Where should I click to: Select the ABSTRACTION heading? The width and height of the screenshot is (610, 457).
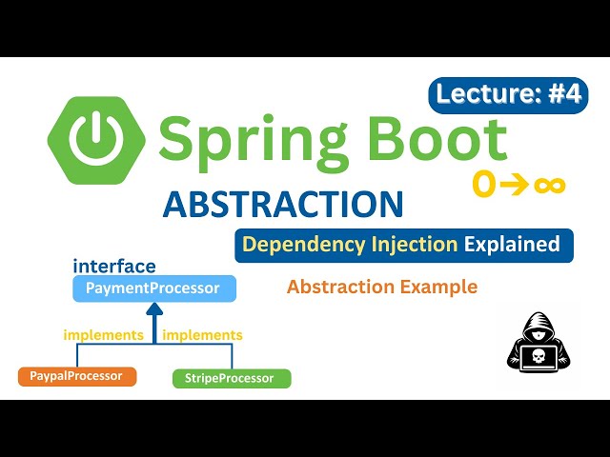pos(283,205)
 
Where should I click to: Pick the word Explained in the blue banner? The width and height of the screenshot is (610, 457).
pos(512,245)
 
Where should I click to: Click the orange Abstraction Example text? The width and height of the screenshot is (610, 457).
pos(381,287)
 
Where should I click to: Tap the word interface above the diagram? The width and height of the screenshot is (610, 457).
pos(114,267)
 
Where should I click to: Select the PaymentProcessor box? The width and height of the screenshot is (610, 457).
pos(153,288)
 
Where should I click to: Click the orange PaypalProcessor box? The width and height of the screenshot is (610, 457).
pos(77,376)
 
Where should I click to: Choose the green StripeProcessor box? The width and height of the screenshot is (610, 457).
pos(232,378)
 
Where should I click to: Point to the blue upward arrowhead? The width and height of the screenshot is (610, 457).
pos(153,311)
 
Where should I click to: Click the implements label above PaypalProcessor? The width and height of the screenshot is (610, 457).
pos(103,335)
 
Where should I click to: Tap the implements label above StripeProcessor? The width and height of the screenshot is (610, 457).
pos(202,335)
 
